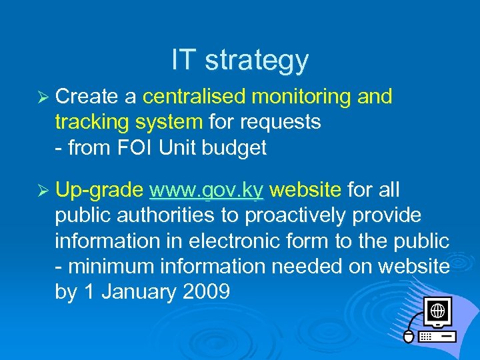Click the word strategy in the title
pos(257,61)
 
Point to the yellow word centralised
pos(193,97)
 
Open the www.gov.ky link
pos(207,191)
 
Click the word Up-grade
pos(99,191)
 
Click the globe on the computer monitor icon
pos(437,311)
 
